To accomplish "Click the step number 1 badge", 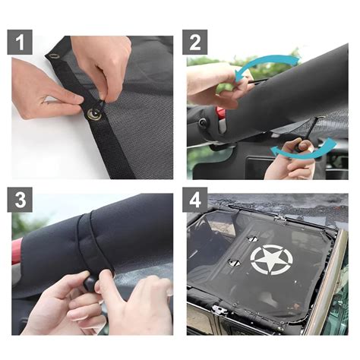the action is (20, 43).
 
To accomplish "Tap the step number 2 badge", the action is (194, 43).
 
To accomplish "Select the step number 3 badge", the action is (20, 200).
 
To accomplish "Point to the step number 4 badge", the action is (194, 200).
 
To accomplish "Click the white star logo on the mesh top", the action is (271, 260).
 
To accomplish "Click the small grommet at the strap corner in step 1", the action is (53, 56).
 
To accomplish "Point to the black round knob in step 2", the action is (203, 122).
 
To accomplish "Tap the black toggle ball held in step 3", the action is (90, 283).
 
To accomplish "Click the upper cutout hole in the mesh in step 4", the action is (251, 238).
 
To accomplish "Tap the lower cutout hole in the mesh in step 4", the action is (234, 263).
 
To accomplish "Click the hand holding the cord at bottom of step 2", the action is (291, 161).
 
